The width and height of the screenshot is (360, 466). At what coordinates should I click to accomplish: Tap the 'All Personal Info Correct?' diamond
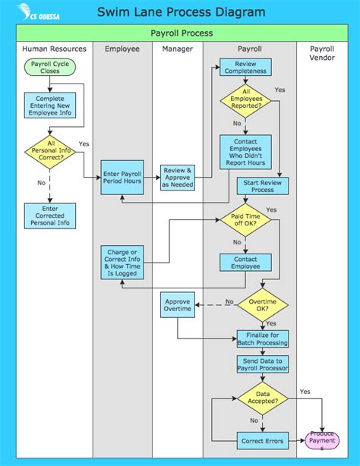[x=49, y=151]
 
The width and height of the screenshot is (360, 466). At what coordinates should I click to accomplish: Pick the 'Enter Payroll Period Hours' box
[x=122, y=177]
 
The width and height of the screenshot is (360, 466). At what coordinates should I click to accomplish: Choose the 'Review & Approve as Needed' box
[x=178, y=177]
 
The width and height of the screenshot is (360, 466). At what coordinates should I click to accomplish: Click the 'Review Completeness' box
[x=245, y=67]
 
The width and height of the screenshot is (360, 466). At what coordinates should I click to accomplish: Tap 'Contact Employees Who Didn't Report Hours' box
[x=245, y=151]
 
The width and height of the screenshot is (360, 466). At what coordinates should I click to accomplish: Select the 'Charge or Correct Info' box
[x=122, y=262]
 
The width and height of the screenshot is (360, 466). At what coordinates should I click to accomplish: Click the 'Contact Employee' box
[x=245, y=263]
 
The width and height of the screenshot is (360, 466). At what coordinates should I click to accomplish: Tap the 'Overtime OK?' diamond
[x=264, y=305]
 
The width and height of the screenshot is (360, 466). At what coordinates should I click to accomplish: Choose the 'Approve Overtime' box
[x=178, y=306]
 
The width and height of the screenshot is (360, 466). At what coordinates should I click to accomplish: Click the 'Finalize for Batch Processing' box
[x=264, y=338]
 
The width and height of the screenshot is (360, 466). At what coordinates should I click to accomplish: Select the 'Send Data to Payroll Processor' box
[x=264, y=364]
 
